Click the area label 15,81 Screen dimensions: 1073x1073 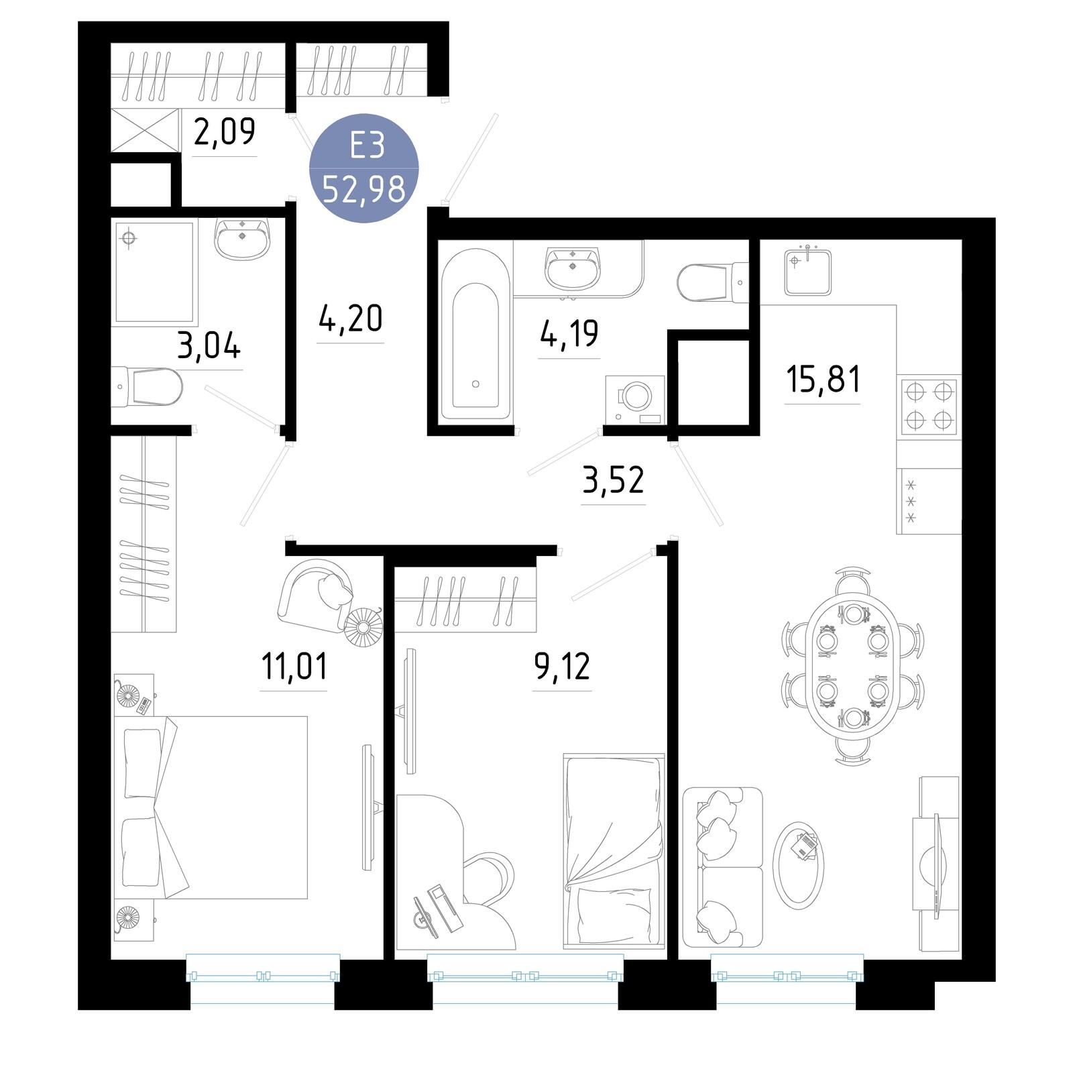(823, 380)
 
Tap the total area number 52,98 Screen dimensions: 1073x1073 (364, 190)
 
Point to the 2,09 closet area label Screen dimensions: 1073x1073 (224, 131)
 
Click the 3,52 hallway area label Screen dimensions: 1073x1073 (613, 480)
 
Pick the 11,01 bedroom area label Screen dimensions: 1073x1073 (294, 667)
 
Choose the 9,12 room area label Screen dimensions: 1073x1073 (562, 667)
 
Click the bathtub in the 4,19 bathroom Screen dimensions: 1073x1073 (475, 334)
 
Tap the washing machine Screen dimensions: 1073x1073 (634, 400)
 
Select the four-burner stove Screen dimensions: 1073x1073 (929, 406)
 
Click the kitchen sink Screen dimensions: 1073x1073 (808, 271)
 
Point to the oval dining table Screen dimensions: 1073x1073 (853, 666)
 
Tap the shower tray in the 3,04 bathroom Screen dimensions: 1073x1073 (155, 272)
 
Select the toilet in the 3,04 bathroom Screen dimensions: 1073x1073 (147, 386)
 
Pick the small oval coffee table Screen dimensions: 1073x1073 (798, 865)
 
